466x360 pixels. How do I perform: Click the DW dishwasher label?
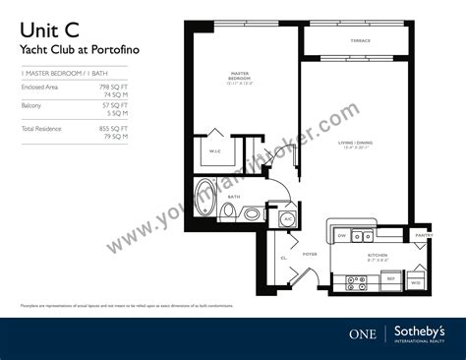point(341,236)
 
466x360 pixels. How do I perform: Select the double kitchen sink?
point(363,236)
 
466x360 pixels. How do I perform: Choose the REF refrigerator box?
point(390,279)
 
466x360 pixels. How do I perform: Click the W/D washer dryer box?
point(416,281)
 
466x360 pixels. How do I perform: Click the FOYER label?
point(310,254)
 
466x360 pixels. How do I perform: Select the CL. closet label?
point(283,259)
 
